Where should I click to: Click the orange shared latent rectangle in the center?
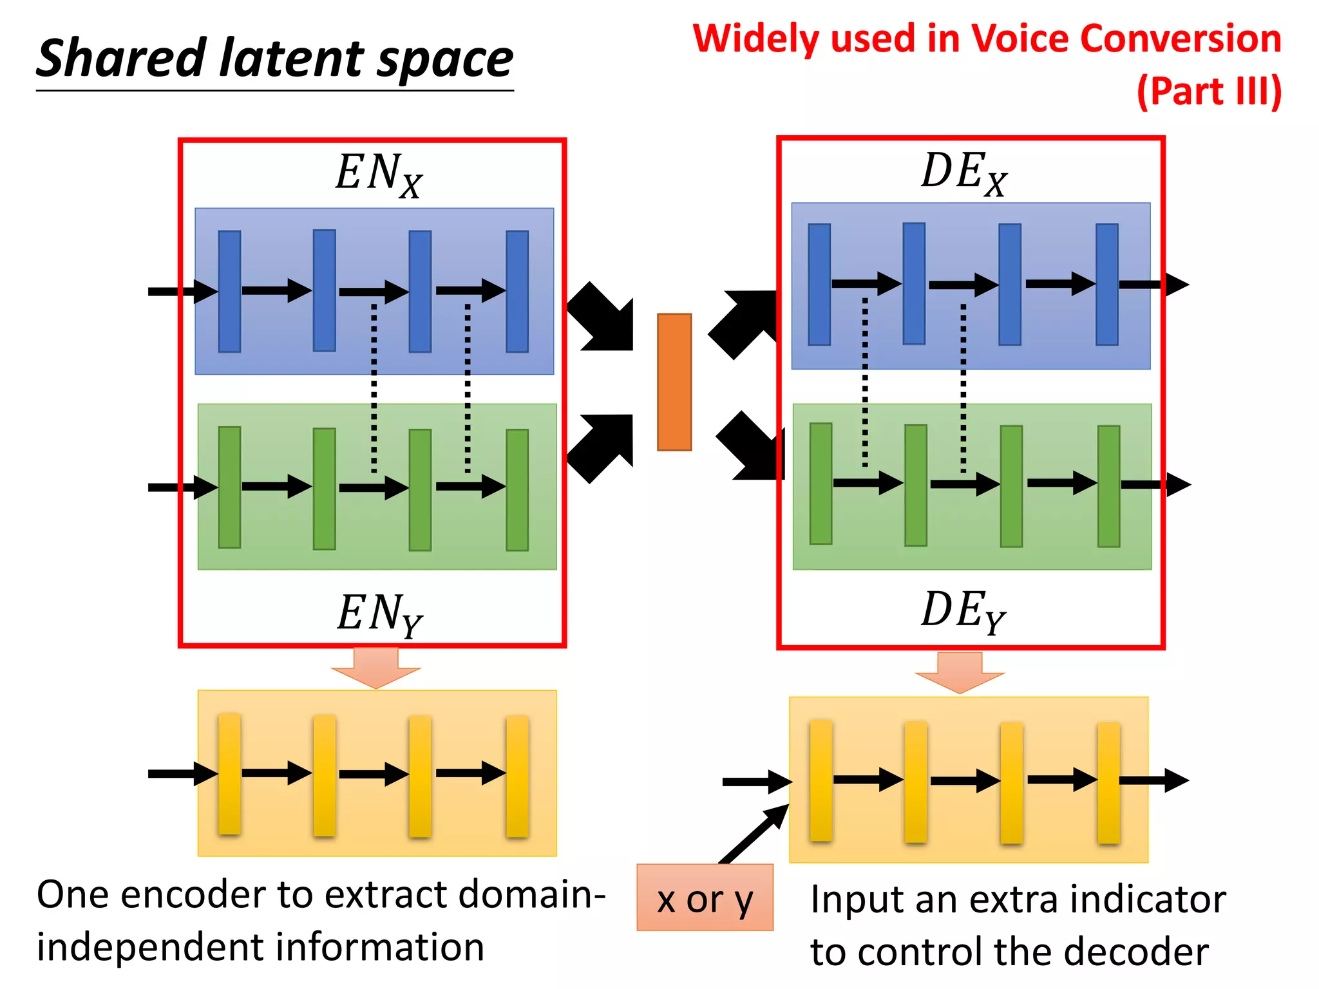tap(674, 382)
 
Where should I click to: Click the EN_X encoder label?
tap(379, 174)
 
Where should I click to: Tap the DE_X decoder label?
tap(963, 173)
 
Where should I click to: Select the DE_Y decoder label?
tap(963, 611)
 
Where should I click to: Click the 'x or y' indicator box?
tap(705, 898)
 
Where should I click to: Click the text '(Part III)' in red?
tap(1209, 91)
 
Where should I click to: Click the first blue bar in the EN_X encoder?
tap(229, 291)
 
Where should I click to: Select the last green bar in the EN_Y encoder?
tap(517, 489)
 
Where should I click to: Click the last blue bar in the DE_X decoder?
tap(1106, 284)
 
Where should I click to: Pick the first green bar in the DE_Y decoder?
tap(821, 484)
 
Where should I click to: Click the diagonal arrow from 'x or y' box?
tap(754, 833)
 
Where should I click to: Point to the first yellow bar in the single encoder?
tap(229, 773)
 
